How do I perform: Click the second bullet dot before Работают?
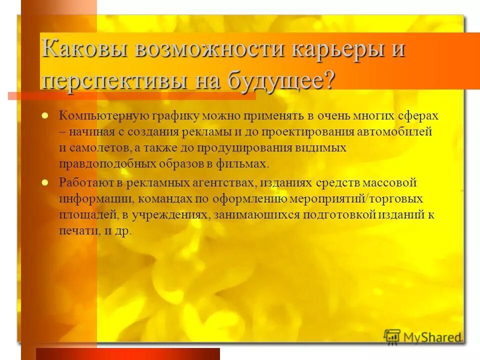click(44, 182)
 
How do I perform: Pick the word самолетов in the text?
click(102, 148)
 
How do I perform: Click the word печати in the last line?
click(75, 231)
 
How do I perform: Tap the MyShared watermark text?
click(432, 336)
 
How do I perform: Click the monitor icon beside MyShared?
click(392, 336)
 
